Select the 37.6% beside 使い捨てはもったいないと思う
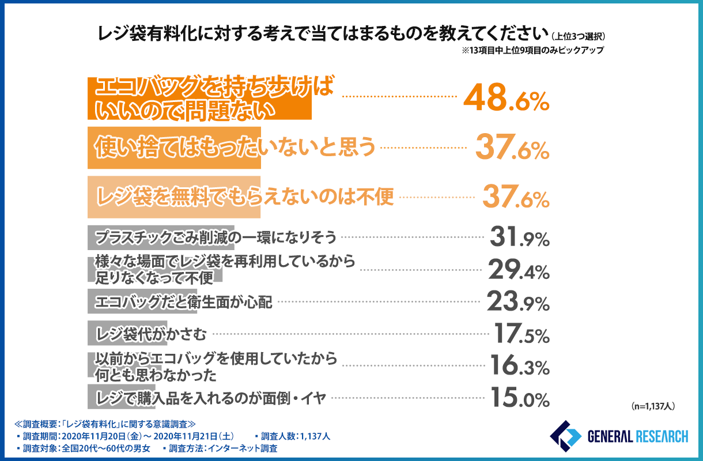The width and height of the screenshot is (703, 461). pos(512,149)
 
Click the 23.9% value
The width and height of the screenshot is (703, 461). pos(517,301)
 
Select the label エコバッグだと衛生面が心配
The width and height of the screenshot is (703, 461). pos(183,301)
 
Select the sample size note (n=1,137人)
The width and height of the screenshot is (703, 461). pos(652,406)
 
